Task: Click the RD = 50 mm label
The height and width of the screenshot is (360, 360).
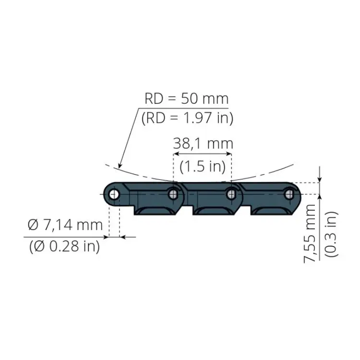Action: (x=186, y=98)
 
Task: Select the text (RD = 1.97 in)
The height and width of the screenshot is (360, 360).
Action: (x=187, y=118)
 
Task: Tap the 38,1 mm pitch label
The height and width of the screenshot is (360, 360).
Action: (x=203, y=144)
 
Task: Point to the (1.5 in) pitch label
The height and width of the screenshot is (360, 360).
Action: (x=203, y=167)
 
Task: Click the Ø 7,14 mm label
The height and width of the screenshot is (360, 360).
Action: (x=65, y=225)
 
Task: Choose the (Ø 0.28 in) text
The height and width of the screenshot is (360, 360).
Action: (x=64, y=246)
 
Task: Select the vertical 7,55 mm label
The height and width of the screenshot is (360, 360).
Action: (x=310, y=233)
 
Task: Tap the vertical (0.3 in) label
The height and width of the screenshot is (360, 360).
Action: (x=332, y=234)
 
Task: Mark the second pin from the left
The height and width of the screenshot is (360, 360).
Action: (x=173, y=194)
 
